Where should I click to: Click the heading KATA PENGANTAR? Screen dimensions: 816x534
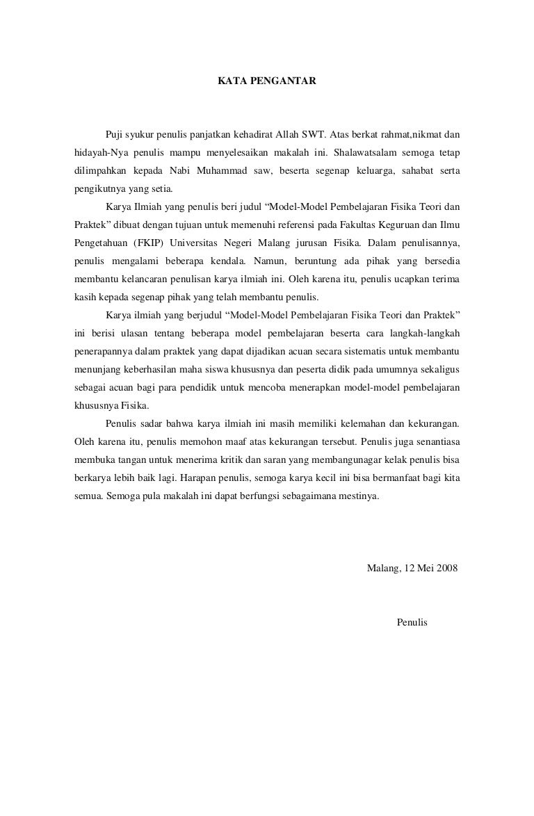[x=267, y=81]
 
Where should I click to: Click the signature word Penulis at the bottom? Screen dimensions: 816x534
[x=412, y=622]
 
